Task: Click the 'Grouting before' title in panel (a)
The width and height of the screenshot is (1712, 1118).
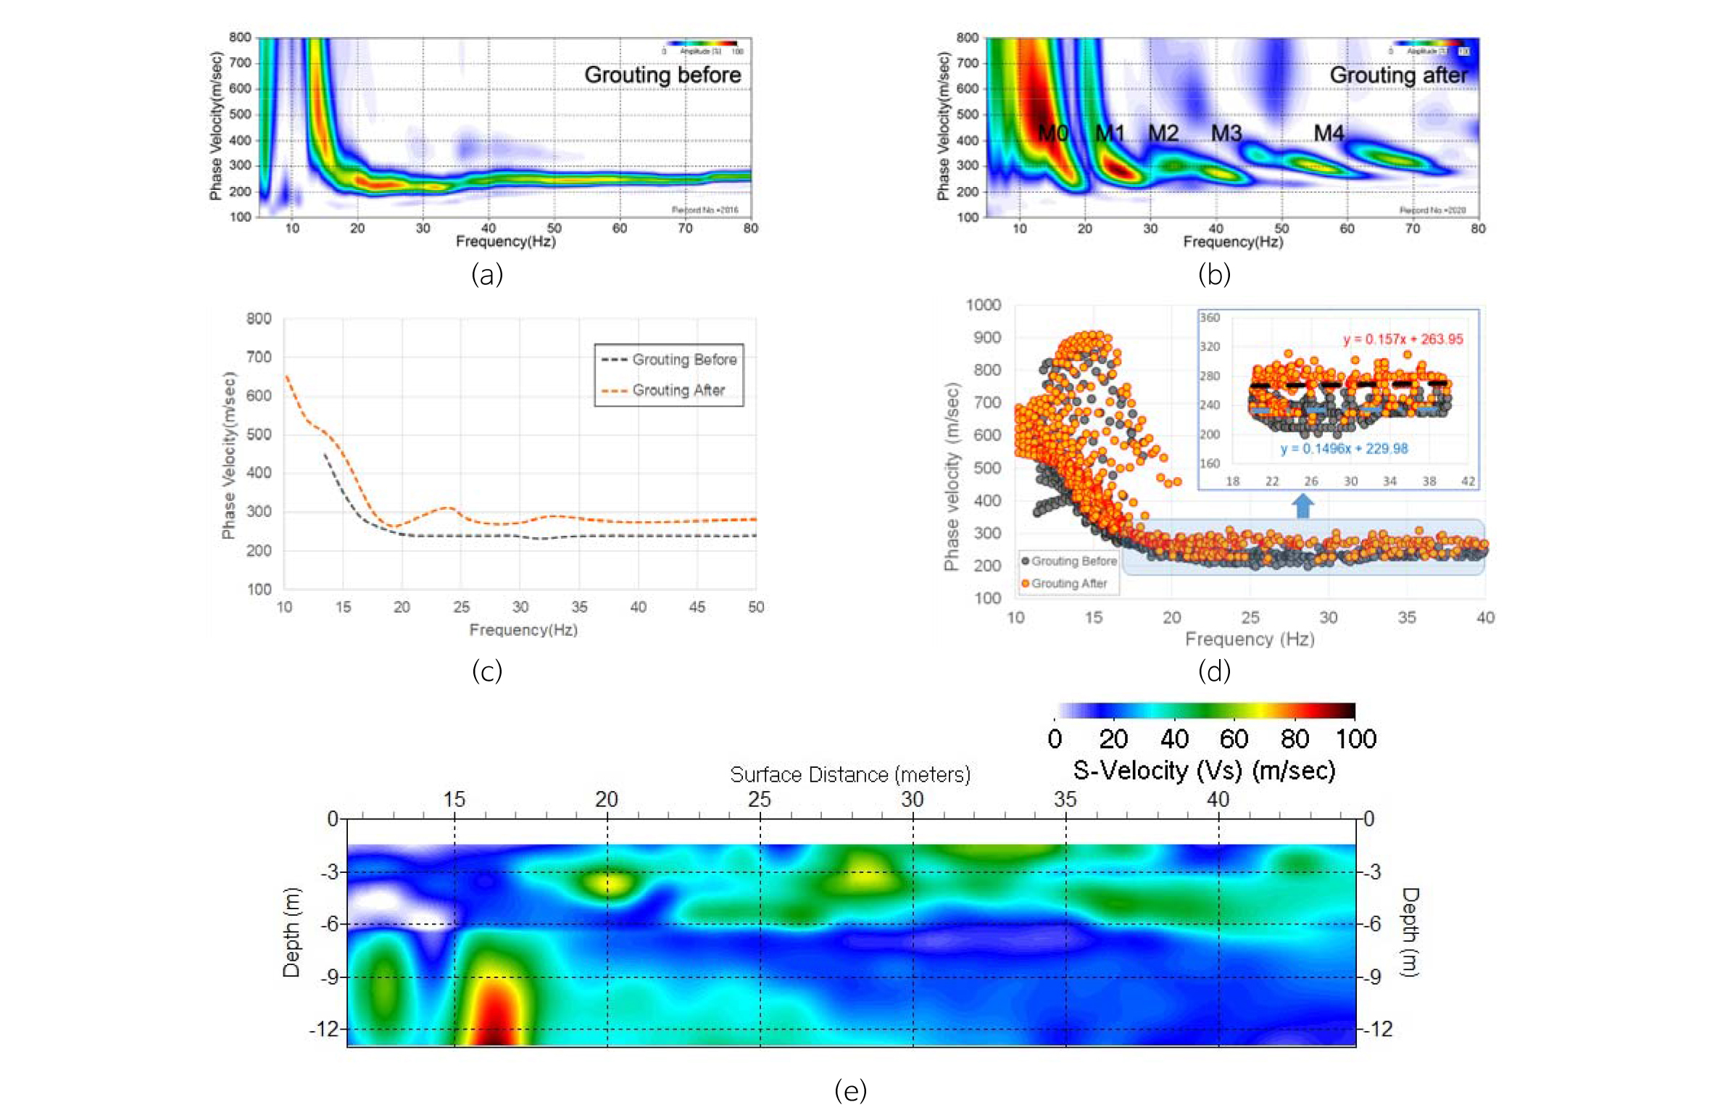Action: (662, 75)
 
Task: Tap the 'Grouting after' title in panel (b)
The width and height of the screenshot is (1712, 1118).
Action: (1397, 75)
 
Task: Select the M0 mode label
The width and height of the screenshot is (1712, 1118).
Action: (1052, 133)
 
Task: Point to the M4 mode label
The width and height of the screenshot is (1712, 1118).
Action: (1329, 133)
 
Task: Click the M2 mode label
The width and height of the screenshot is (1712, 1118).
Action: (1163, 133)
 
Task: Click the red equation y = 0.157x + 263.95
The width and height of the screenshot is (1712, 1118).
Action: (1403, 339)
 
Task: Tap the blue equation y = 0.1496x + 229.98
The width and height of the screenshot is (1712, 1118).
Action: (1344, 449)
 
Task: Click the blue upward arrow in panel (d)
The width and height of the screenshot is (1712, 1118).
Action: (1302, 505)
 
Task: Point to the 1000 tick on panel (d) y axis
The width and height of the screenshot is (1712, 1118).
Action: (983, 305)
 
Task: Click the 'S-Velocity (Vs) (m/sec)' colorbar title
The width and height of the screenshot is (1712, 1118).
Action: (1203, 771)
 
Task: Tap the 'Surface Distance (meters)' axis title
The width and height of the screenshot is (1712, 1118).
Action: (849, 775)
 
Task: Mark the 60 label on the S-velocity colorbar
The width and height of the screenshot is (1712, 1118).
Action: (1233, 740)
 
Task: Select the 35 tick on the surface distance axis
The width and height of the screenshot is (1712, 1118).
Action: (1065, 800)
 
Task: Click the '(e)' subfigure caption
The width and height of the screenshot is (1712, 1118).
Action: (850, 1090)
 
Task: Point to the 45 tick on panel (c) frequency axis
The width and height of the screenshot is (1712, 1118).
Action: (697, 607)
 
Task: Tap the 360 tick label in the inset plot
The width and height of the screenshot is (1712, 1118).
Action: (1209, 318)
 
